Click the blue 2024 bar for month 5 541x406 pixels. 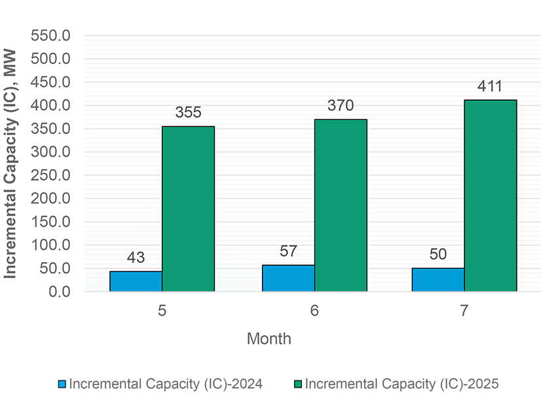pos(136,281)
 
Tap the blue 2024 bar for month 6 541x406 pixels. pos(288,278)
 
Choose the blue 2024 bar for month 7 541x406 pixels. pos(438,280)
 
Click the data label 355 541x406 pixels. pos(188,113)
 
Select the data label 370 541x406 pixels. pos(341,106)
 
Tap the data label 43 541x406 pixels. pos(136,258)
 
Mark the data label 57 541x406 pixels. pos(288,251)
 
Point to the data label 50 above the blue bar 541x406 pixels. pos(438,255)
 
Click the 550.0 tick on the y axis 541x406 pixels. pos(54,35)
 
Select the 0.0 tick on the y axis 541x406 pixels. pos(62,291)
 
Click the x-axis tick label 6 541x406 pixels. pos(314,311)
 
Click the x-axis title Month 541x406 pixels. pos(269,339)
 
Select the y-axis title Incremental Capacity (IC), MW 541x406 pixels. pos(11,164)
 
